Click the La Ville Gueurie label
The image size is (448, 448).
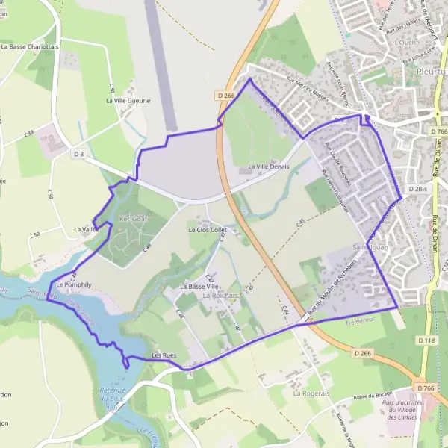pyautogui.click(x=128, y=100)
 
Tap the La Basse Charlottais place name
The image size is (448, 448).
pyautogui.click(x=30, y=46)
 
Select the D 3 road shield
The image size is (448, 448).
pyautogui.click(x=79, y=154)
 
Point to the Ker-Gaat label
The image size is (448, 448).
pyautogui.click(x=134, y=219)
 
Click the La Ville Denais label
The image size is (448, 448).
pyautogui.click(x=268, y=166)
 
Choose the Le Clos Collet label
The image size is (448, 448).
pyautogui.click(x=207, y=229)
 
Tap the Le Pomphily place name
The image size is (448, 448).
pyautogui.click(x=73, y=284)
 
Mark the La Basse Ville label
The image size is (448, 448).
pyautogui.click(x=199, y=286)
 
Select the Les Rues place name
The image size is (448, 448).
pyautogui.click(x=164, y=355)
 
